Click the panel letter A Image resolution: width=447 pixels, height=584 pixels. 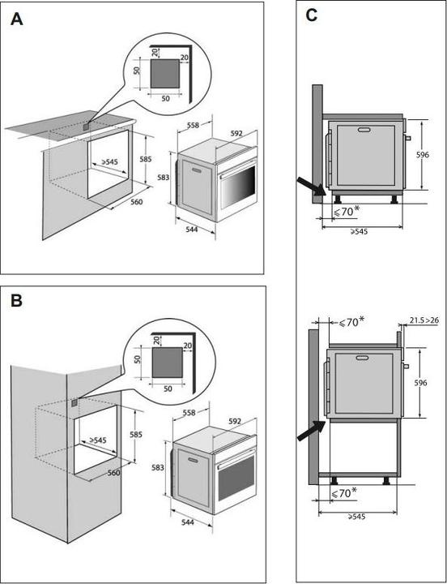[17, 19]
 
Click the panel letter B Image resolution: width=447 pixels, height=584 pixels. [16, 300]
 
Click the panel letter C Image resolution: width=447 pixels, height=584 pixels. [311, 15]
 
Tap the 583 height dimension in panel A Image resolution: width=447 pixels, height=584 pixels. [163, 178]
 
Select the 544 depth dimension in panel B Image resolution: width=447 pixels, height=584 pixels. [188, 522]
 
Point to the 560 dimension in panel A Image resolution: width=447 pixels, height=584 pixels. [137, 202]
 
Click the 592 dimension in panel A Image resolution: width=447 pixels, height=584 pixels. [236, 133]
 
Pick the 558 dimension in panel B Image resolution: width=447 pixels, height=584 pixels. [189, 413]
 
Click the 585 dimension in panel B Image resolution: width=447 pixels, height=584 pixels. [136, 434]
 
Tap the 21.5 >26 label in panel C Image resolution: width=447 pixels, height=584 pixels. [424, 320]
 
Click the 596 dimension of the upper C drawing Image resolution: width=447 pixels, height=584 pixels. [423, 155]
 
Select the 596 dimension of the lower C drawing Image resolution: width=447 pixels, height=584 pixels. [420, 383]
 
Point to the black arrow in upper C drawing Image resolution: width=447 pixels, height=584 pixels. [311, 187]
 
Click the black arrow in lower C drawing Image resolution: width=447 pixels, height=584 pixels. [312, 430]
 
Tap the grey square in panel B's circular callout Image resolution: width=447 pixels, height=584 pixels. [168, 363]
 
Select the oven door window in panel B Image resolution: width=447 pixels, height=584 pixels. [236, 478]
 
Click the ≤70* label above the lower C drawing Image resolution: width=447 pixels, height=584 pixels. [351, 321]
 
